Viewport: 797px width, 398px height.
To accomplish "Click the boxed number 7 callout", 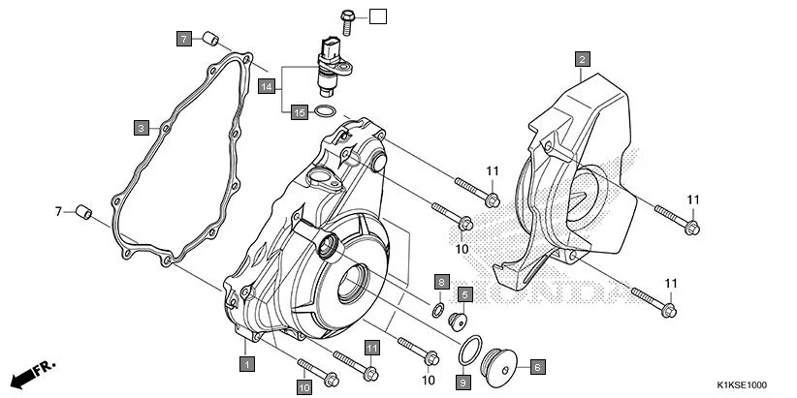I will (x=183, y=39).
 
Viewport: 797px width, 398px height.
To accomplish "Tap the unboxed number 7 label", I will (x=58, y=211).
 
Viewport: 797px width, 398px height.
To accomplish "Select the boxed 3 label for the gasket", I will (x=141, y=127).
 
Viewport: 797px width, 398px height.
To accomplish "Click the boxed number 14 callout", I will (x=268, y=87).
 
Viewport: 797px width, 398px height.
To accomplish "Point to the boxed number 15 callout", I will (x=300, y=113).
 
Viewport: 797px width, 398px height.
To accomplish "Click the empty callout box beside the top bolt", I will (x=377, y=15).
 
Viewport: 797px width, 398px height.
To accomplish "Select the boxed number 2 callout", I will (x=582, y=59).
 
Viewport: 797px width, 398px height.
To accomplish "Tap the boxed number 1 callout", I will (x=247, y=364).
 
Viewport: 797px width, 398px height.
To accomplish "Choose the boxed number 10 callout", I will (x=303, y=387).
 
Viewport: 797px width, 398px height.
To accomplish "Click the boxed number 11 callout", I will (x=371, y=347).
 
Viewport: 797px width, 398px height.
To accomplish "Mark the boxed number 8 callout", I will (x=441, y=282).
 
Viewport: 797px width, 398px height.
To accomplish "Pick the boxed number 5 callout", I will (x=465, y=293).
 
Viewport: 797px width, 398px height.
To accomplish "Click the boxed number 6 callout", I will (x=537, y=367).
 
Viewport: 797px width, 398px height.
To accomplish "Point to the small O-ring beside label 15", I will (x=329, y=113).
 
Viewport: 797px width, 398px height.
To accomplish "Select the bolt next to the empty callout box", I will (x=349, y=15).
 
